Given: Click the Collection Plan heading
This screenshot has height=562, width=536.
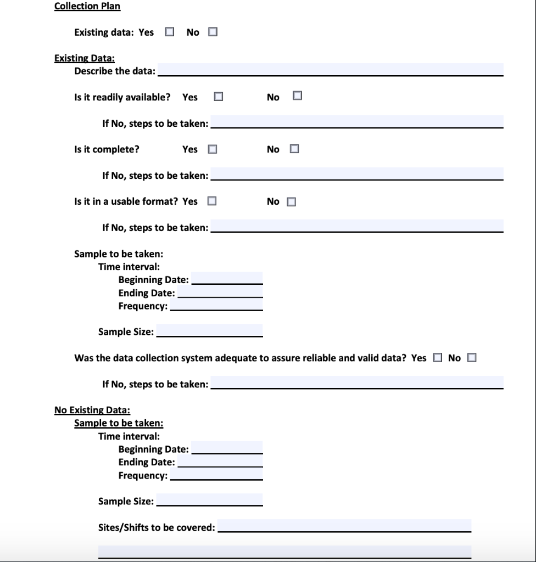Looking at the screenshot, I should point(87,7).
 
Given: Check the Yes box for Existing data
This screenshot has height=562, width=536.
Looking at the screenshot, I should point(170,32).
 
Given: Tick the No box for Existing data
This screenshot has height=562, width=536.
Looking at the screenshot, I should point(213,32).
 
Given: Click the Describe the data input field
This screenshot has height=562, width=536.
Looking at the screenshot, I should point(330,70).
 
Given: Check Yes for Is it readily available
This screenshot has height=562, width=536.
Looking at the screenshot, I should point(219,97).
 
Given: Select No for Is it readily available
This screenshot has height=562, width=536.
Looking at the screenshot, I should point(298,96).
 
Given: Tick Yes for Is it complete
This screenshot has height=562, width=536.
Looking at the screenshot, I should point(213,149).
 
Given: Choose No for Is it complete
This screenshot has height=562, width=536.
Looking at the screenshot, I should point(294,149).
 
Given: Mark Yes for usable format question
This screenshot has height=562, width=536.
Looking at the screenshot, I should point(211,201).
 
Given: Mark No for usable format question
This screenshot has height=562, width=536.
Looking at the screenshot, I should point(291,201).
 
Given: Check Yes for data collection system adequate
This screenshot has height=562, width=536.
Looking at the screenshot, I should point(437,358).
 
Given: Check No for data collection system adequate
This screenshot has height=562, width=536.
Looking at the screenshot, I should point(472,358).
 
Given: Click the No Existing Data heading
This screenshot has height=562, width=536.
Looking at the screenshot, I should point(92,410).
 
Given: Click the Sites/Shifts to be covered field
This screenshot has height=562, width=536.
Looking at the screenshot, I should point(344,526).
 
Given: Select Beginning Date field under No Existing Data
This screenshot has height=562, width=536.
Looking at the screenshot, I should point(227,448).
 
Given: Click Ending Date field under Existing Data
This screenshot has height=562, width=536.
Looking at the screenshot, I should point(220,292).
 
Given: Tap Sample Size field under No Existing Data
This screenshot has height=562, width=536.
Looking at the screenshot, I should point(209,500).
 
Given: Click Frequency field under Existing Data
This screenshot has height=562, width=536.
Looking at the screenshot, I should point(216,305).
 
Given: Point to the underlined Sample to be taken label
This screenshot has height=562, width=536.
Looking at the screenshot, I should point(119,423).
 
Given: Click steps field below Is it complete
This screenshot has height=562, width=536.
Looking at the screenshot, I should point(357,175).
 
